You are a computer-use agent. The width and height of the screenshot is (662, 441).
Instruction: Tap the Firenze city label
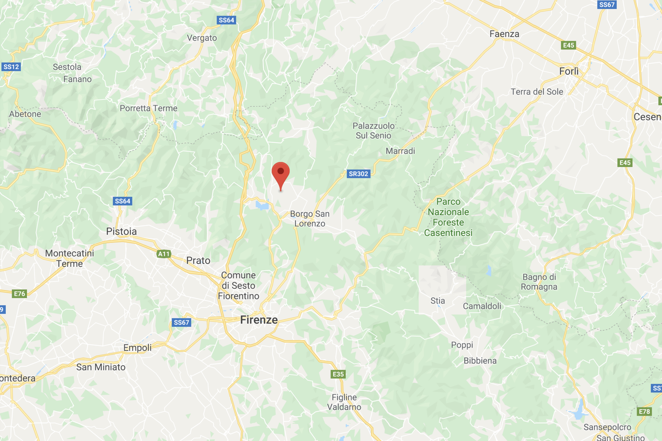[259, 320]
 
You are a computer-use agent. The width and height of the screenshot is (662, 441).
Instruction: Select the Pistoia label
[121, 232]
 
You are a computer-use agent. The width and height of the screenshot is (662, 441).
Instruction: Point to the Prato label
[198, 261]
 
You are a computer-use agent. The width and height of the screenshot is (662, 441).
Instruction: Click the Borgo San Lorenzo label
[310, 219]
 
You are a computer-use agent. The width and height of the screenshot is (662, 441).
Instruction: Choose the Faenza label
[504, 34]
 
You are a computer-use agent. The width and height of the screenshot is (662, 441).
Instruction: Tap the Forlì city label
[568, 71]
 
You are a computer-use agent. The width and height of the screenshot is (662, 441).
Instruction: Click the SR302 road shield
[358, 174]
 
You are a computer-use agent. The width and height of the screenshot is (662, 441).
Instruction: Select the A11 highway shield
[164, 254]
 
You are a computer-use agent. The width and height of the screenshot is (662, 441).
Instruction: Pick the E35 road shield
[338, 374]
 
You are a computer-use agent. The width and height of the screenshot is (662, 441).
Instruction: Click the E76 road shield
[19, 294]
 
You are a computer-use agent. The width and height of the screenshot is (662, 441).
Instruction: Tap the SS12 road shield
[11, 67]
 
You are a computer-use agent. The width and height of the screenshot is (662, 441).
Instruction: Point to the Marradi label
[400, 151]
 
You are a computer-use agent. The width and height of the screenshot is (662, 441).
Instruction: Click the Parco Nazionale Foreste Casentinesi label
[448, 217]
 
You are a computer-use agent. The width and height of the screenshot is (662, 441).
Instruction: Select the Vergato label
[202, 38]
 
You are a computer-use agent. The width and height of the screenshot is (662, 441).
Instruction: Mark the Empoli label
[137, 348]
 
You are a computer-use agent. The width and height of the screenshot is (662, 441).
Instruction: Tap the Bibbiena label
[480, 361]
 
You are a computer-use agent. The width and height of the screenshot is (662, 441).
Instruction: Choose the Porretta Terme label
[148, 108]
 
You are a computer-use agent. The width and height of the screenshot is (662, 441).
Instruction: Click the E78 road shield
[644, 412]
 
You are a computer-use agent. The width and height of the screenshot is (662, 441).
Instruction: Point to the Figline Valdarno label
[344, 402]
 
